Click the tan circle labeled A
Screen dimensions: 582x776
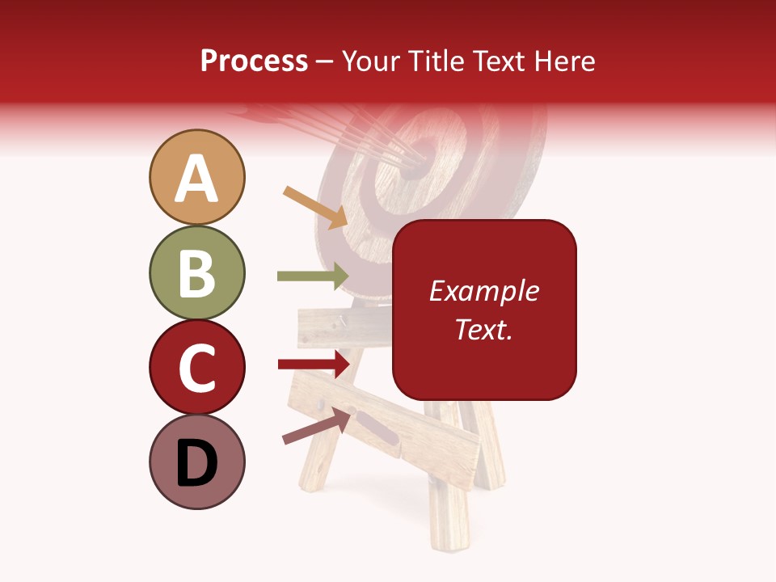196,177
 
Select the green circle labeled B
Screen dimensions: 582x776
196,272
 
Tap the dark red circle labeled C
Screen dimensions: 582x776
196,367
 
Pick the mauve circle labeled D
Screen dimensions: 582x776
196,462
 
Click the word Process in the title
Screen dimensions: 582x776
254,61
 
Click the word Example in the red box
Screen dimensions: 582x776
483,291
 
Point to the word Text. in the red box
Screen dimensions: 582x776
483,329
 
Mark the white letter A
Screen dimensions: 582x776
196,179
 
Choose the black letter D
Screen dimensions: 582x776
196,463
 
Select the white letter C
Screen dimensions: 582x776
196,368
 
